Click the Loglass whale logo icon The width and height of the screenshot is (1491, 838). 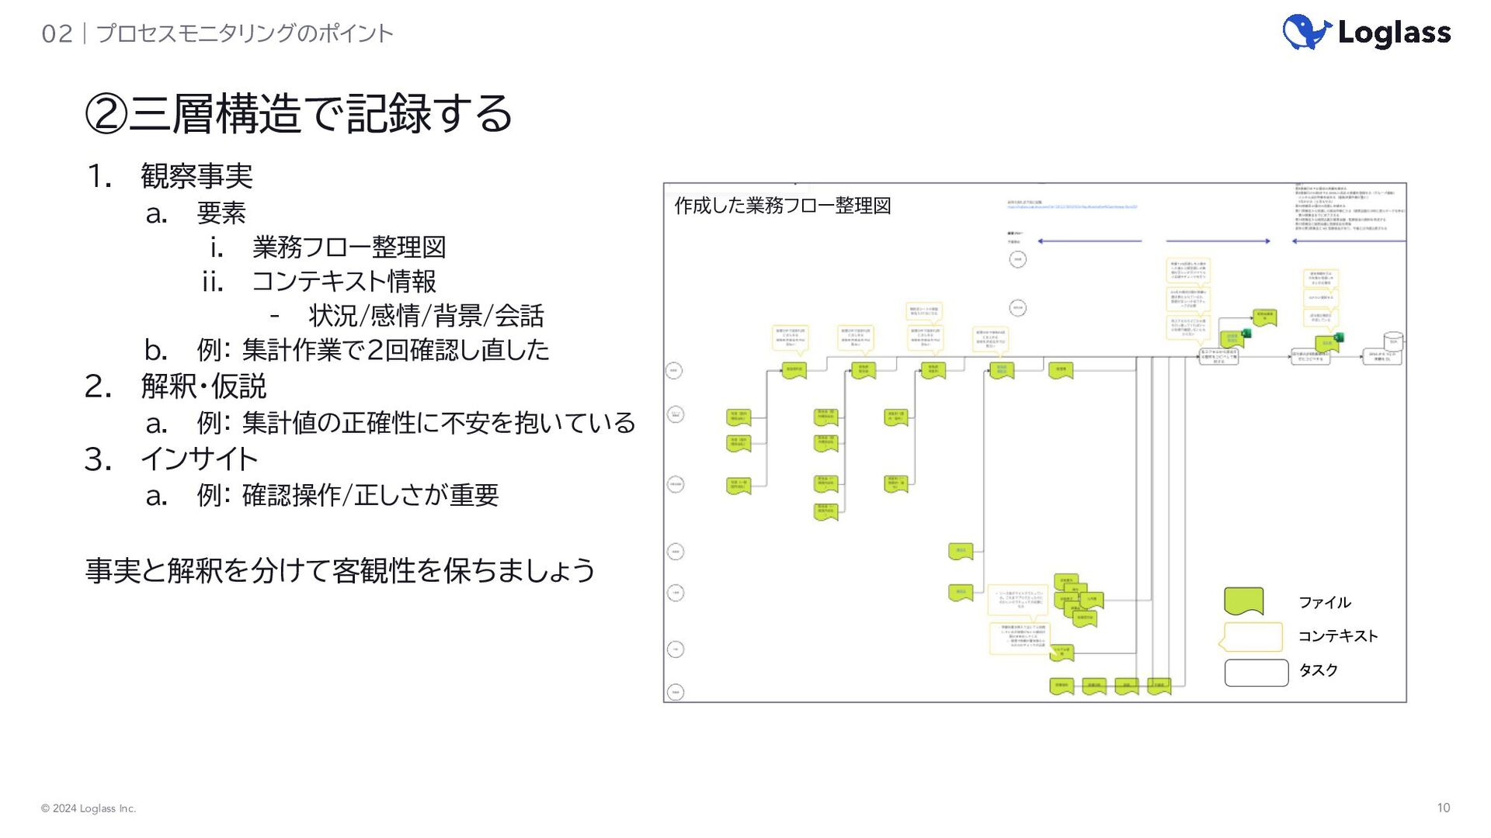point(1306,33)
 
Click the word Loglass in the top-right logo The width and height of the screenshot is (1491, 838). point(1394,33)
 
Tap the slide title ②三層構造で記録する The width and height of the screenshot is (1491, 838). point(298,113)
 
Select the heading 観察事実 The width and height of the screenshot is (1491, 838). point(196,176)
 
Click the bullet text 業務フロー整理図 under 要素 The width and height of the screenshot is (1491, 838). point(349,248)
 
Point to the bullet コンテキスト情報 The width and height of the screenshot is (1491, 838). point(344,281)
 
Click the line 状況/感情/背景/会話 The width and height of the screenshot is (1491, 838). point(426,316)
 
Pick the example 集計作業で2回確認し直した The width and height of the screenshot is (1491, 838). point(395,350)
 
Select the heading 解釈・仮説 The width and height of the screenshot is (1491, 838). point(203,386)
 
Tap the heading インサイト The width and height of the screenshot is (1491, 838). point(200,459)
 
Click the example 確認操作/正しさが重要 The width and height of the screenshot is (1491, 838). point(370,495)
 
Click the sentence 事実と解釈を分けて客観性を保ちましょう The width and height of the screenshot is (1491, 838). point(340,570)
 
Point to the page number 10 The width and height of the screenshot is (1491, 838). point(1443,808)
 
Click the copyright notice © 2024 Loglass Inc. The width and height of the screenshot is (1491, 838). point(89,809)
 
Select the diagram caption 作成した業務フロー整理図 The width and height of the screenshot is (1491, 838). point(782,206)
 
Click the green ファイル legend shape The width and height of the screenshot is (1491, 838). point(1243,601)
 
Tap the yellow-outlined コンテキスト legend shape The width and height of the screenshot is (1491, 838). point(1252,636)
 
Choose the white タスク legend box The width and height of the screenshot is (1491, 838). point(1256,672)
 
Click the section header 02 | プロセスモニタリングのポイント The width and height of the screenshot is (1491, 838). point(217,33)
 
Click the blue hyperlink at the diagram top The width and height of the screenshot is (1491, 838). point(1072,207)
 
